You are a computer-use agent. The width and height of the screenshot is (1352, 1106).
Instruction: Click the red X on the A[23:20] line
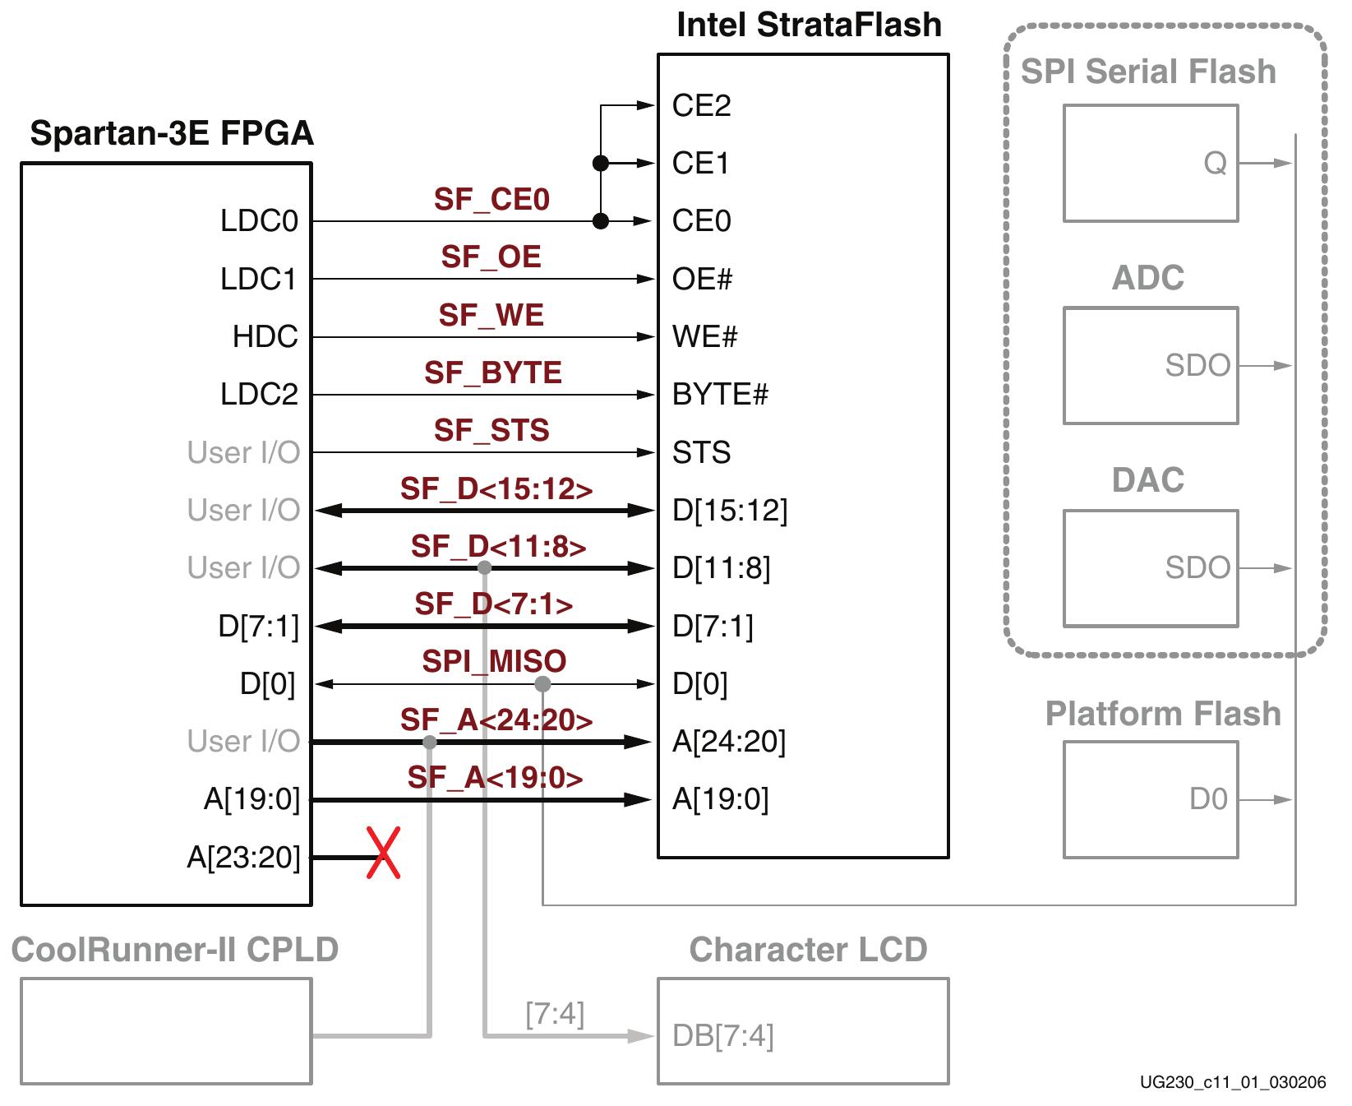click(x=383, y=854)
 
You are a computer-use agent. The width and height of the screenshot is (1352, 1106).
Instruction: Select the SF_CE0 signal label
click(x=491, y=200)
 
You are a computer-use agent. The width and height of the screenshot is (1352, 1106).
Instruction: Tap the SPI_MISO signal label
click(x=494, y=662)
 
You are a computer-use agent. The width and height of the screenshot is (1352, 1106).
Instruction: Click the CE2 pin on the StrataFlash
click(x=701, y=106)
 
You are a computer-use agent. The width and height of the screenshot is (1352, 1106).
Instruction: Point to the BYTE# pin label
click(x=720, y=395)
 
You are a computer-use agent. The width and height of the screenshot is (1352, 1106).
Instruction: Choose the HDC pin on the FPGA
click(x=265, y=337)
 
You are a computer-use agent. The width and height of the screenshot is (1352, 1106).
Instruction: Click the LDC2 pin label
click(x=259, y=395)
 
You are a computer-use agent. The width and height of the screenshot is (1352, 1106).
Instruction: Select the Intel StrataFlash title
click(x=809, y=25)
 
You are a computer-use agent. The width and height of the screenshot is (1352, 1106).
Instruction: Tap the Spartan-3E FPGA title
click(x=172, y=133)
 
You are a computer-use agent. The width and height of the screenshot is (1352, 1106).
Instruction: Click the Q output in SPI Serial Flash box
click(x=1215, y=164)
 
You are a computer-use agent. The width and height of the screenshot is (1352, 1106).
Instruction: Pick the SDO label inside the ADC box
click(x=1197, y=366)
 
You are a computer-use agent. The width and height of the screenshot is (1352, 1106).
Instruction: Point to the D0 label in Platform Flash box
click(x=1208, y=799)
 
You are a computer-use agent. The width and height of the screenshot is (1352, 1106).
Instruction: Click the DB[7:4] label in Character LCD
click(x=723, y=1036)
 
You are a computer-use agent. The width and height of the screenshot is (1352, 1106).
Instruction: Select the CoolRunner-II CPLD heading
click(x=175, y=950)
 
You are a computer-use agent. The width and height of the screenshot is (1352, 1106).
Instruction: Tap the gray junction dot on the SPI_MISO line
click(x=542, y=684)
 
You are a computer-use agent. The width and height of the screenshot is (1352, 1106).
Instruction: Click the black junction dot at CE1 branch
click(x=601, y=164)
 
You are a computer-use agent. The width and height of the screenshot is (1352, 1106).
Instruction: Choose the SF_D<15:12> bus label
click(x=496, y=489)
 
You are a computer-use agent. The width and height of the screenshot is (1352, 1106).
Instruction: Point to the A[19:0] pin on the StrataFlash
click(x=721, y=799)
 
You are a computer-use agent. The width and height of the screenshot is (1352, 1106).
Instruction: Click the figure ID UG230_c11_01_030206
click(x=1233, y=1083)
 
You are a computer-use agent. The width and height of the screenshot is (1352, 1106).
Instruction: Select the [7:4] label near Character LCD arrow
click(x=555, y=1014)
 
